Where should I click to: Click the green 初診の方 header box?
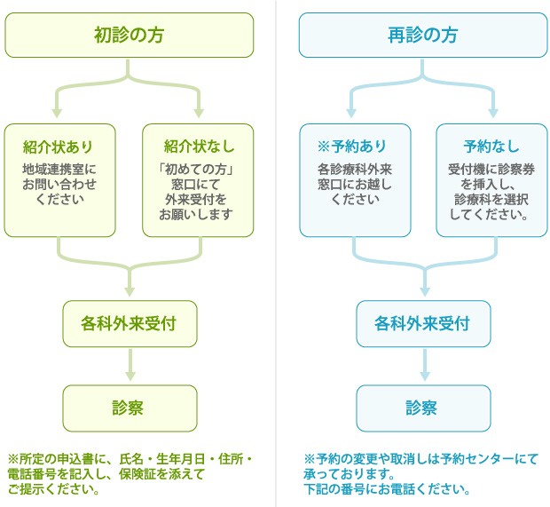(130, 36)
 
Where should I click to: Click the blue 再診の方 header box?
(423, 36)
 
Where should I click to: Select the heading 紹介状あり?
(58, 147)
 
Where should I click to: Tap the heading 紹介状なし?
(199, 146)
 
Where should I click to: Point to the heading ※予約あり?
(352, 146)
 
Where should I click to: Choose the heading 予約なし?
(491, 146)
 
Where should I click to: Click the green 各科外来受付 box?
(130, 324)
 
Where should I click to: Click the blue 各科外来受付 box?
(423, 324)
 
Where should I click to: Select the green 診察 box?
(130, 408)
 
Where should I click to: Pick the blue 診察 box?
(423, 408)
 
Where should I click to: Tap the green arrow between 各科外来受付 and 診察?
(130, 365)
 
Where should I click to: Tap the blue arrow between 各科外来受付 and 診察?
(425, 365)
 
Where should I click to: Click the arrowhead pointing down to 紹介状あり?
(57, 113)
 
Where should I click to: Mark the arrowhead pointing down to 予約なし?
(493, 113)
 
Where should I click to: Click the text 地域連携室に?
(59, 170)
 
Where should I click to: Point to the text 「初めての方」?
(196, 170)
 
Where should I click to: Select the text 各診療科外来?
(355, 170)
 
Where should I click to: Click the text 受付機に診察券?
(491, 170)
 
